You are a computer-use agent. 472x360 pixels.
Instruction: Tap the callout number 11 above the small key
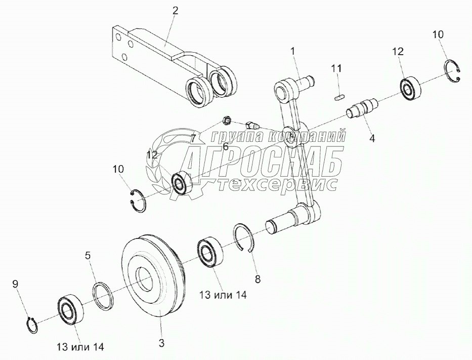(x=337, y=68)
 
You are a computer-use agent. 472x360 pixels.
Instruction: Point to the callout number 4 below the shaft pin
(x=372, y=137)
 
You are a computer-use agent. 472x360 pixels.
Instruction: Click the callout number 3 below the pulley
(x=161, y=343)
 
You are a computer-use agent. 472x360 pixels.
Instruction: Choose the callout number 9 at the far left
(x=15, y=285)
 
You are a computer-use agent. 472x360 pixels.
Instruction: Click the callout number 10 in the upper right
(x=438, y=34)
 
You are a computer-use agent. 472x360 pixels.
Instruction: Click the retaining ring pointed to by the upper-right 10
(x=455, y=76)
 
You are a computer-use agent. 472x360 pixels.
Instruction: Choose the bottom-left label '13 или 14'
(x=80, y=347)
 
